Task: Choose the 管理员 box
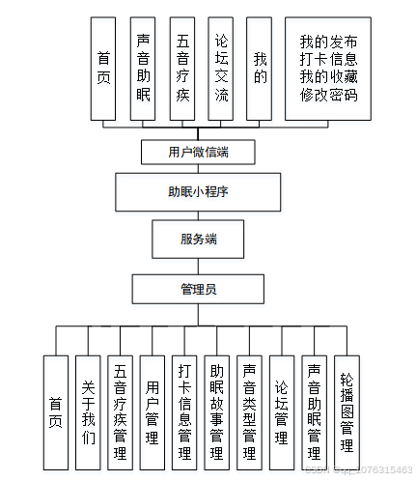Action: (197, 289)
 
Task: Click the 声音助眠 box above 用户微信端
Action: (143, 68)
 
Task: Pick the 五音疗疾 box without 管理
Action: (182, 68)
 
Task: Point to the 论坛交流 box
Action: (221, 68)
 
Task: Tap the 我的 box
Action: (259, 68)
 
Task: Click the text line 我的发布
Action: (328, 42)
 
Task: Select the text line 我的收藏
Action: (328, 78)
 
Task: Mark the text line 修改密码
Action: (328, 96)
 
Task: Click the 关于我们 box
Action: (88, 412)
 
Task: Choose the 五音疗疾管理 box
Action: (120, 412)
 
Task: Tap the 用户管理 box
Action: (152, 412)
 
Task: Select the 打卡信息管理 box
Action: (184, 412)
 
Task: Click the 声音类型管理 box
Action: (249, 412)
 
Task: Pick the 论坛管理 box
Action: (281, 412)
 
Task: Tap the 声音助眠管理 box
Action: (314, 412)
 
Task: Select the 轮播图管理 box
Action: (347, 412)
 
